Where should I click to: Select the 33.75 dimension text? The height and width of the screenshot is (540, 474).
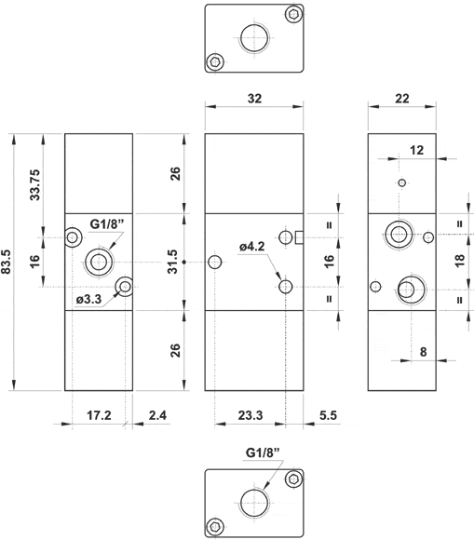(x=35, y=183)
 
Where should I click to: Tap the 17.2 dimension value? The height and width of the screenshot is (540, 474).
(x=98, y=415)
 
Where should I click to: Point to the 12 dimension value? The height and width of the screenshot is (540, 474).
(x=415, y=149)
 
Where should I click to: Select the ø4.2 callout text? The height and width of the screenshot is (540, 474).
(x=253, y=247)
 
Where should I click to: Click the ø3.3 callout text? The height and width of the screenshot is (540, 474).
(x=89, y=300)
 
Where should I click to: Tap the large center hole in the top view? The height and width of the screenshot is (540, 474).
(x=254, y=39)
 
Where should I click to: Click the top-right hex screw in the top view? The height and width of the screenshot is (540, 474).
(x=295, y=14)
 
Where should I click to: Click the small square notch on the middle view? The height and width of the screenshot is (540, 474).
(x=300, y=237)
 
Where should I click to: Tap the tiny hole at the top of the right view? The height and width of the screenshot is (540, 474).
(x=401, y=182)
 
